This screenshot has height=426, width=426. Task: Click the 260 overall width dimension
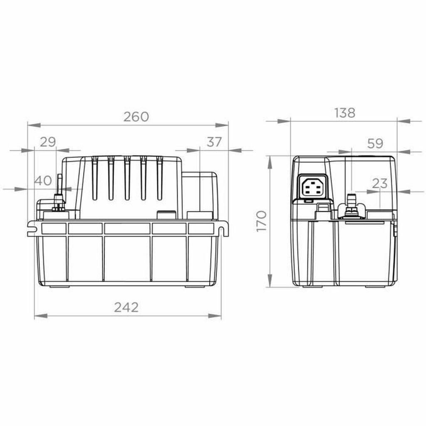[x=136, y=117]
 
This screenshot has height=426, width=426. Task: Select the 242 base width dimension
[x=126, y=307]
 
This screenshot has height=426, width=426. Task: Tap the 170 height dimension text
[x=261, y=221]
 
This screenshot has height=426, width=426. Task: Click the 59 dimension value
[x=375, y=144]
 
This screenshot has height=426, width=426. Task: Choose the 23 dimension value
[x=379, y=183]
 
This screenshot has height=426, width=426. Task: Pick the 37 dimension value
[x=214, y=142]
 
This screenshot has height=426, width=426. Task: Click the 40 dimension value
[x=43, y=181]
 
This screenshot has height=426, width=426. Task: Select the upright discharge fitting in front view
[x=59, y=193]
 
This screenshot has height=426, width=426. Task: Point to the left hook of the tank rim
[x=32, y=228]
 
